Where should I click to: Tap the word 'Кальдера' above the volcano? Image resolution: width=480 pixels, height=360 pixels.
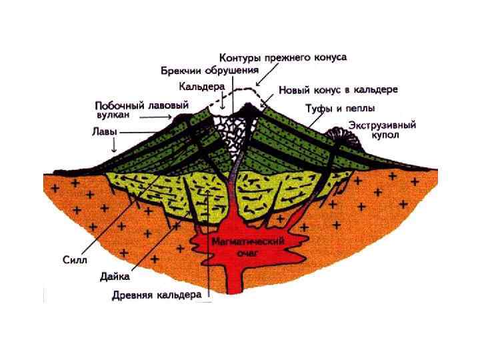click(201, 86)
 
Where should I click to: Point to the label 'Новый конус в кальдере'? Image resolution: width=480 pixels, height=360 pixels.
click(338, 89)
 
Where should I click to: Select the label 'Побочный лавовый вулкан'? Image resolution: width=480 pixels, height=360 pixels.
click(141, 109)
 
